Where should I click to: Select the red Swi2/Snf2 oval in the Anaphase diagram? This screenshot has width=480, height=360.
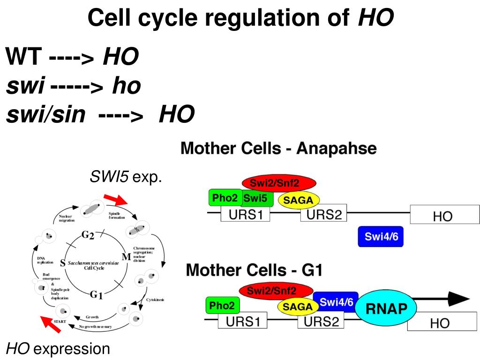point(279,183)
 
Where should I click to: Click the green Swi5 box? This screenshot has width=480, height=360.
point(255,198)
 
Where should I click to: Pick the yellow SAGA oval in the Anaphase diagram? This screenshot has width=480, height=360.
point(299,201)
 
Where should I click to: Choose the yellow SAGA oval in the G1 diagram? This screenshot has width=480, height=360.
point(297,307)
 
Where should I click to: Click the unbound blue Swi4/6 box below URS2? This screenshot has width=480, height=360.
point(381,236)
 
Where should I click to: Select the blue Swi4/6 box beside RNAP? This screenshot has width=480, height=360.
point(336,303)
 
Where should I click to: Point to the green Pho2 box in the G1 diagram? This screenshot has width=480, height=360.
point(223,306)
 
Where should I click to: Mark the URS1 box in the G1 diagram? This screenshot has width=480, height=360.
point(243,322)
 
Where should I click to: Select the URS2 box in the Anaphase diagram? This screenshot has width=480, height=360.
point(322,216)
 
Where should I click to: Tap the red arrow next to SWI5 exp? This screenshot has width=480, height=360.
point(116,200)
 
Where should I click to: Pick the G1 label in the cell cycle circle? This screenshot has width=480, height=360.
point(96,295)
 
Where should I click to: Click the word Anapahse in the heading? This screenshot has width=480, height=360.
point(337,149)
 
